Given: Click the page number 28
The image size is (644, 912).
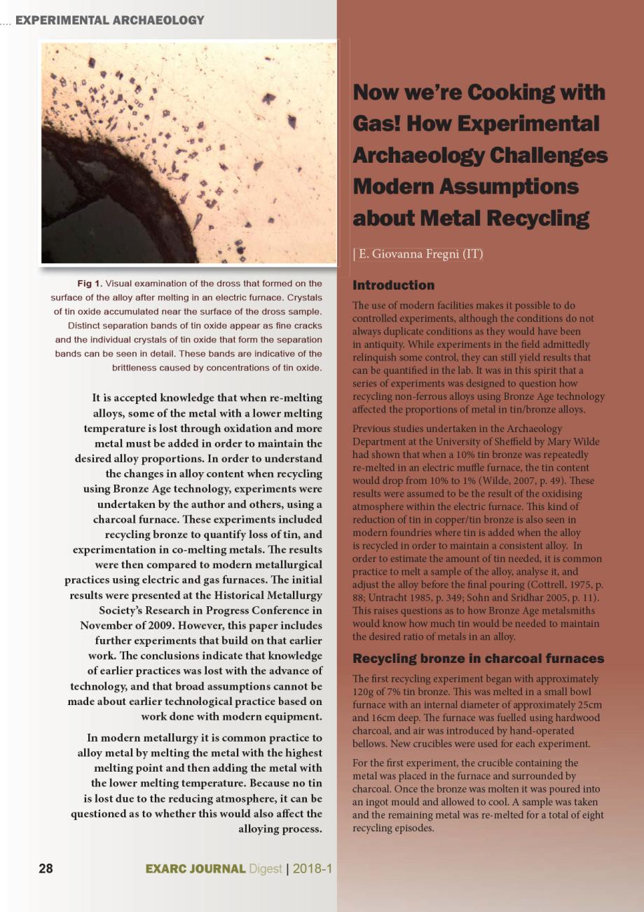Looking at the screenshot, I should click(46, 869).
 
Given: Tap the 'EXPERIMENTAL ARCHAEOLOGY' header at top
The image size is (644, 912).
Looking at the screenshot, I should click(109, 20).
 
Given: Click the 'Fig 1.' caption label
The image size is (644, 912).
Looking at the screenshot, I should click(89, 283).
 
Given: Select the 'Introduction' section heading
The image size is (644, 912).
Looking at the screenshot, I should click(393, 286).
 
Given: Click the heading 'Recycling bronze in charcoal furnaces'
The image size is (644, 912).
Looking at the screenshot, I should click(478, 659).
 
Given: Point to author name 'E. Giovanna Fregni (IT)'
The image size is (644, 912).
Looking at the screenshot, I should click(420, 253).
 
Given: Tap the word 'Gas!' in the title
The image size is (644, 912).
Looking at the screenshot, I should click(381, 124).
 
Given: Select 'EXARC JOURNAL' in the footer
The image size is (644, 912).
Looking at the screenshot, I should click(196, 869).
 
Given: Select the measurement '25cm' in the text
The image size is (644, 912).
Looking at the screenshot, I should click(589, 705).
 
